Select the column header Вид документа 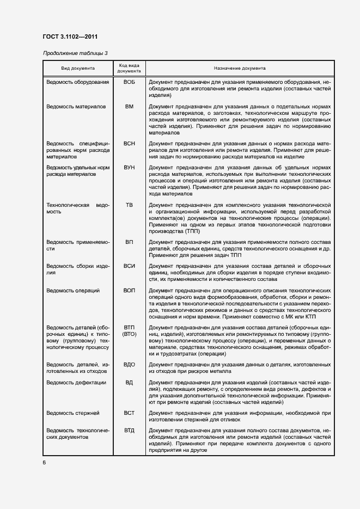(x=78, y=69)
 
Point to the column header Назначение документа (x=240, y=69)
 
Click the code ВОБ (x=129, y=81)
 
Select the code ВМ (x=129, y=107)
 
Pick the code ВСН (x=129, y=143)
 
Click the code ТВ (x=129, y=205)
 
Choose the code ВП (x=129, y=242)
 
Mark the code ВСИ (x=129, y=266)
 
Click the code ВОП (x=129, y=291)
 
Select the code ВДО (x=129, y=364)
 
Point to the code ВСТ (x=129, y=413)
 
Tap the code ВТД (x=129, y=431)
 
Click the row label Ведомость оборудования (x=77, y=81)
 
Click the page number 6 (x=44, y=462)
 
